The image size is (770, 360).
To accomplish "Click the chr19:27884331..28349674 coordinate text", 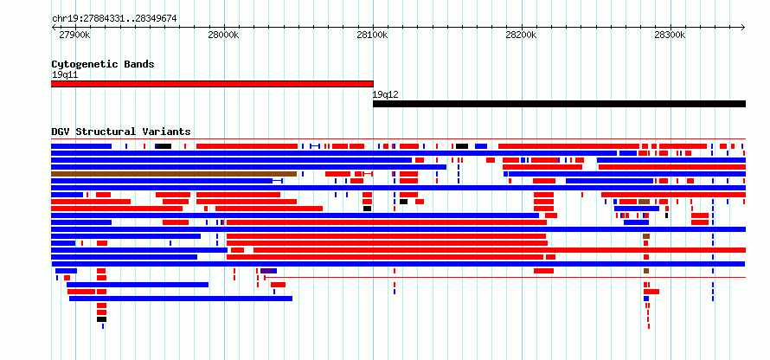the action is click(114, 19).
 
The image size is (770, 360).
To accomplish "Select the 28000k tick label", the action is click(223, 35).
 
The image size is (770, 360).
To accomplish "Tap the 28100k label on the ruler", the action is click(373, 35).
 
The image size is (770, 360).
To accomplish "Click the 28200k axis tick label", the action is click(522, 35).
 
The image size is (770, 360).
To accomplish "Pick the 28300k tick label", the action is click(670, 35).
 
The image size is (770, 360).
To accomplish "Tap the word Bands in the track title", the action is click(139, 64).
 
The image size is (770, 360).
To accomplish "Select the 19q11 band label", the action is click(65, 75).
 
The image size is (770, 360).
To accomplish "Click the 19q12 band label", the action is click(386, 95).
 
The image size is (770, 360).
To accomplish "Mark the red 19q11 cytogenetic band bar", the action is click(212, 84).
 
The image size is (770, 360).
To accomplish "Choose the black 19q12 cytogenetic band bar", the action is click(559, 104).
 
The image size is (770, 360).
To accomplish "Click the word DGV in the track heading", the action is click(61, 132).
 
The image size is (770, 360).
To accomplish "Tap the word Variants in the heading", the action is click(166, 132).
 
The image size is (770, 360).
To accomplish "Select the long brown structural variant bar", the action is click(174, 174).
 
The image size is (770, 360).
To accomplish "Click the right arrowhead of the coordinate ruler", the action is click(743, 27).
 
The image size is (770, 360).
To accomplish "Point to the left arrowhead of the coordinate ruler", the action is click(54, 27).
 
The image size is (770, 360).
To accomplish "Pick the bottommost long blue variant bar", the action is click(181, 299).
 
